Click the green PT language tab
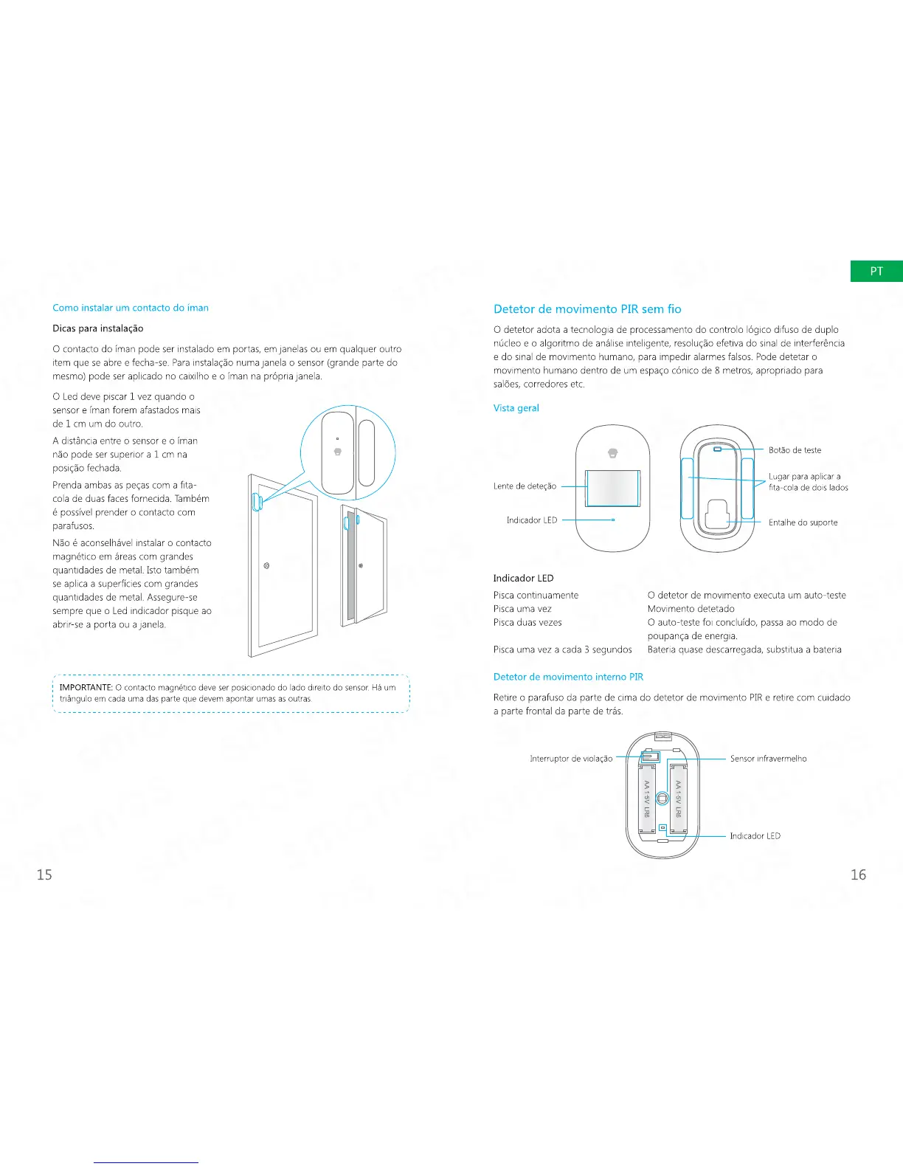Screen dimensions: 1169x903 pos(876,272)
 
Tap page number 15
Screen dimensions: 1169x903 pos(44,875)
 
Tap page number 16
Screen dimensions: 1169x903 pos(858,875)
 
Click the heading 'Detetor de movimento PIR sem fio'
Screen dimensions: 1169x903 pos(587,309)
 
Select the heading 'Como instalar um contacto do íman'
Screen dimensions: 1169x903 pos(131,308)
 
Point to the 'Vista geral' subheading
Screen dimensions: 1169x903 pos(516,408)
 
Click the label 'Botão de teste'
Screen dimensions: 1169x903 pos(795,450)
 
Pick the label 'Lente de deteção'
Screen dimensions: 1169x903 pos(525,486)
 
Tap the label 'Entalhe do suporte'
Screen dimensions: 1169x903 pos(803,523)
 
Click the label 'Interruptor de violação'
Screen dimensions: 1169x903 pos(571,759)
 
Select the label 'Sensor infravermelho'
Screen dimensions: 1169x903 pos(768,759)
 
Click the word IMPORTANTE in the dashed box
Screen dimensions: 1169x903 pos(86,688)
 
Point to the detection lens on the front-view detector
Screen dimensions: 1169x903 pos(612,487)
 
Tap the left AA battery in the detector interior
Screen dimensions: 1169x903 pos(647,799)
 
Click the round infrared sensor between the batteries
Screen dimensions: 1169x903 pos(662,799)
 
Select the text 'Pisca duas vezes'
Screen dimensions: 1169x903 pos(527,623)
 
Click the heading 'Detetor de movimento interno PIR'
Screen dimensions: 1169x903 pos(568,677)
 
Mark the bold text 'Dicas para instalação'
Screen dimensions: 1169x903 pos(98,328)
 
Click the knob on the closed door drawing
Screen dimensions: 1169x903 pos(266,566)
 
